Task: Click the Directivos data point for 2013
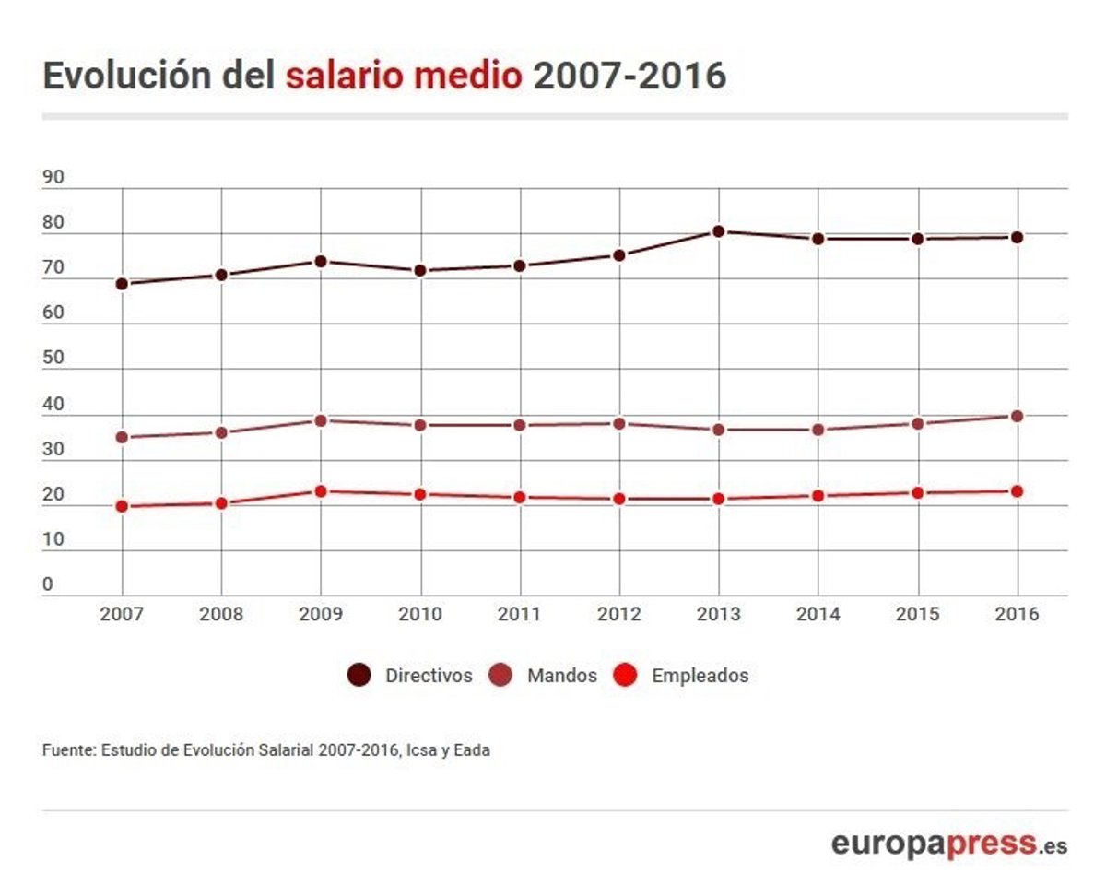coord(719,231)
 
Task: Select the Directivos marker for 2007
coord(122,284)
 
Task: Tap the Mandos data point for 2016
coord(1017,417)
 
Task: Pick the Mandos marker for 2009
coord(321,420)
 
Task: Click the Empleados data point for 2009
coord(321,491)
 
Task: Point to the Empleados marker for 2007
coord(122,506)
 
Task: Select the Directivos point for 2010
coord(420,271)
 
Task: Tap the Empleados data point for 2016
coord(1017,491)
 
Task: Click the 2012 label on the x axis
coord(619,615)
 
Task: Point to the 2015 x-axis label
coord(917,615)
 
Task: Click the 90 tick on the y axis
coord(53,178)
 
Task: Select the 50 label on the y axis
coord(53,358)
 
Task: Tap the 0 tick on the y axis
coord(48,584)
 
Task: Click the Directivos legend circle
coord(359,676)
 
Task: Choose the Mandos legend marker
coord(500,676)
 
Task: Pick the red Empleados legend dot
coord(625,676)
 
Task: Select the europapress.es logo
coord(949,843)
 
